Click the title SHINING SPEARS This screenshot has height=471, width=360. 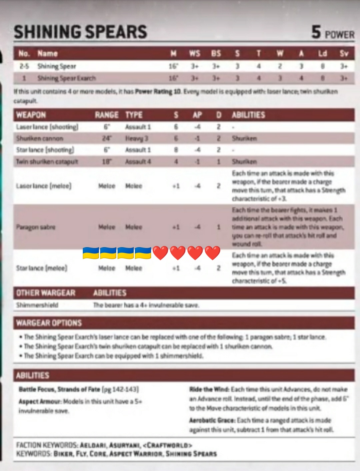point(80,32)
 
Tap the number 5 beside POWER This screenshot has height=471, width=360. point(316,32)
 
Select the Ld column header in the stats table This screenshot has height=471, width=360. point(322,53)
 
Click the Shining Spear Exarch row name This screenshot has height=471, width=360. point(66,78)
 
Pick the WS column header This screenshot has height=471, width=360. point(195,53)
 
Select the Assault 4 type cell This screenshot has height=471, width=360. point(138,161)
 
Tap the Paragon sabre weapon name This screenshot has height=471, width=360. point(36,227)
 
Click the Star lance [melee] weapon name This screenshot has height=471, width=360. point(42,268)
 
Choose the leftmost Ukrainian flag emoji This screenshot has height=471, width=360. point(91,253)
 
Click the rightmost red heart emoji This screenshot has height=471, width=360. point(213,253)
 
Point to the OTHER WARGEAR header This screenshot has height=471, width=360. point(46,293)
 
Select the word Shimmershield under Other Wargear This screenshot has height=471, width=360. point(37,305)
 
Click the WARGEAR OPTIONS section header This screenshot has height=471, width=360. point(49,323)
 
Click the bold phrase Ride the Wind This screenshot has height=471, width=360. point(209,389)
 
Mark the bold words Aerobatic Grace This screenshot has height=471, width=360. point(212,420)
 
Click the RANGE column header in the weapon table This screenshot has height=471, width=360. point(107,115)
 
